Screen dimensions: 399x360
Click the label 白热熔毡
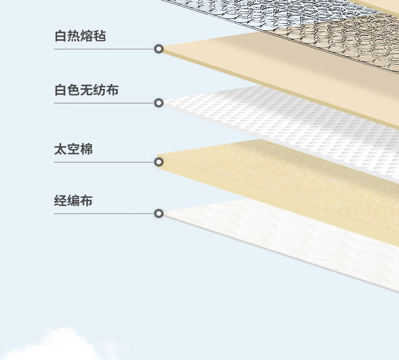(x=80, y=36)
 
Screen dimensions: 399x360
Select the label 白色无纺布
(x=86, y=90)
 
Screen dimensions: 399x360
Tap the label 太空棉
(x=74, y=149)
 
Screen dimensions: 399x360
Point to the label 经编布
(x=73, y=200)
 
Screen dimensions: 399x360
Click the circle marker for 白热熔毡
(x=159, y=49)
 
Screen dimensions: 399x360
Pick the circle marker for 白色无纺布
(x=159, y=103)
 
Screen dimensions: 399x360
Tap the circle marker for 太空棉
(x=159, y=162)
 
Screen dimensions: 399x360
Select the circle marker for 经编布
(x=159, y=214)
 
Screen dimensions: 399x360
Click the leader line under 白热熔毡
(x=104, y=49)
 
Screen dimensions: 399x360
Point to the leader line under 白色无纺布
(x=104, y=103)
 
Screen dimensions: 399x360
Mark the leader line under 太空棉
(x=104, y=162)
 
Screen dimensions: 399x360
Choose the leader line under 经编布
(x=104, y=214)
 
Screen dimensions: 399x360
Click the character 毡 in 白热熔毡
(x=99, y=36)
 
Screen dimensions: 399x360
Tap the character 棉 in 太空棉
(x=86, y=149)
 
